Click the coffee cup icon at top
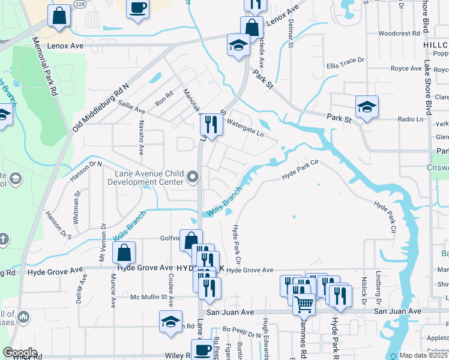tap(137, 8)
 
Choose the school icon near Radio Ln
tap(366, 107)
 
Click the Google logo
tap(20, 353)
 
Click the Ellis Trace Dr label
tap(345, 61)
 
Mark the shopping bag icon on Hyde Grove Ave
tap(124, 252)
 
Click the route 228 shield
tap(80, 4)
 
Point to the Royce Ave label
tap(406, 68)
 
